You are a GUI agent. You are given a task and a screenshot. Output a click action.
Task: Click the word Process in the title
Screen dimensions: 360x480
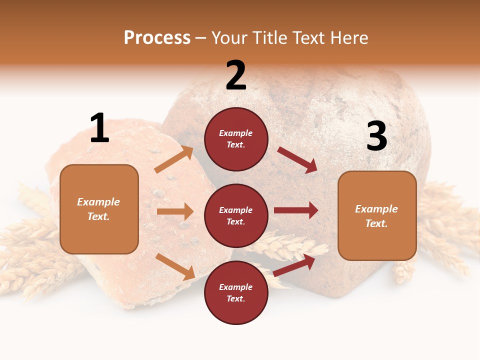click(157, 38)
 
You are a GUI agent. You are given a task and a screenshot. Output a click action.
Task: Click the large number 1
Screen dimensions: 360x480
click(99, 128)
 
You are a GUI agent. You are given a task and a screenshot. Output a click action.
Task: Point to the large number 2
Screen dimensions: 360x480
click(236, 75)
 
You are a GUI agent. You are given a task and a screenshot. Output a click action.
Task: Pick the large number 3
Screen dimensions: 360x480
click(377, 136)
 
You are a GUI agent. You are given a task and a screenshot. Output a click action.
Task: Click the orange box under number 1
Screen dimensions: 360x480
click(99, 209)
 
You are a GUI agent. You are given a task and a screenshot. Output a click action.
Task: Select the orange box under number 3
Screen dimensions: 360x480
click(377, 215)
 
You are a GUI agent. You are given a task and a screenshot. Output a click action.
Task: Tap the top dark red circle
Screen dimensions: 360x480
click(236, 139)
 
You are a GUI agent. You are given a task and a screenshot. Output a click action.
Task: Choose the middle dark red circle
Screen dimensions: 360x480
click(236, 215)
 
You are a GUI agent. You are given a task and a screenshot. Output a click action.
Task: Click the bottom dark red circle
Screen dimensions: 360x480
click(236, 292)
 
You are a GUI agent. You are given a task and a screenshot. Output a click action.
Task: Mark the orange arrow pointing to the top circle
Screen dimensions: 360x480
click(174, 159)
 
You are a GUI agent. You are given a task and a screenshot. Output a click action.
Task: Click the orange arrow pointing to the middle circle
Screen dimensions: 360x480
click(175, 211)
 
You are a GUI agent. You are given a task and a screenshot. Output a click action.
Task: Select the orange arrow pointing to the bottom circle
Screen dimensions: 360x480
click(175, 266)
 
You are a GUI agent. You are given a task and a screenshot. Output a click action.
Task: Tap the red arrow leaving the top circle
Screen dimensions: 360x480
click(297, 160)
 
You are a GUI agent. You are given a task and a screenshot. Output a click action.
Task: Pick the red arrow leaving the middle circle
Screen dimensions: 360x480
click(296, 210)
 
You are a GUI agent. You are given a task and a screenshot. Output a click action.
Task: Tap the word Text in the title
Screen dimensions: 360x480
click(308, 38)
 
